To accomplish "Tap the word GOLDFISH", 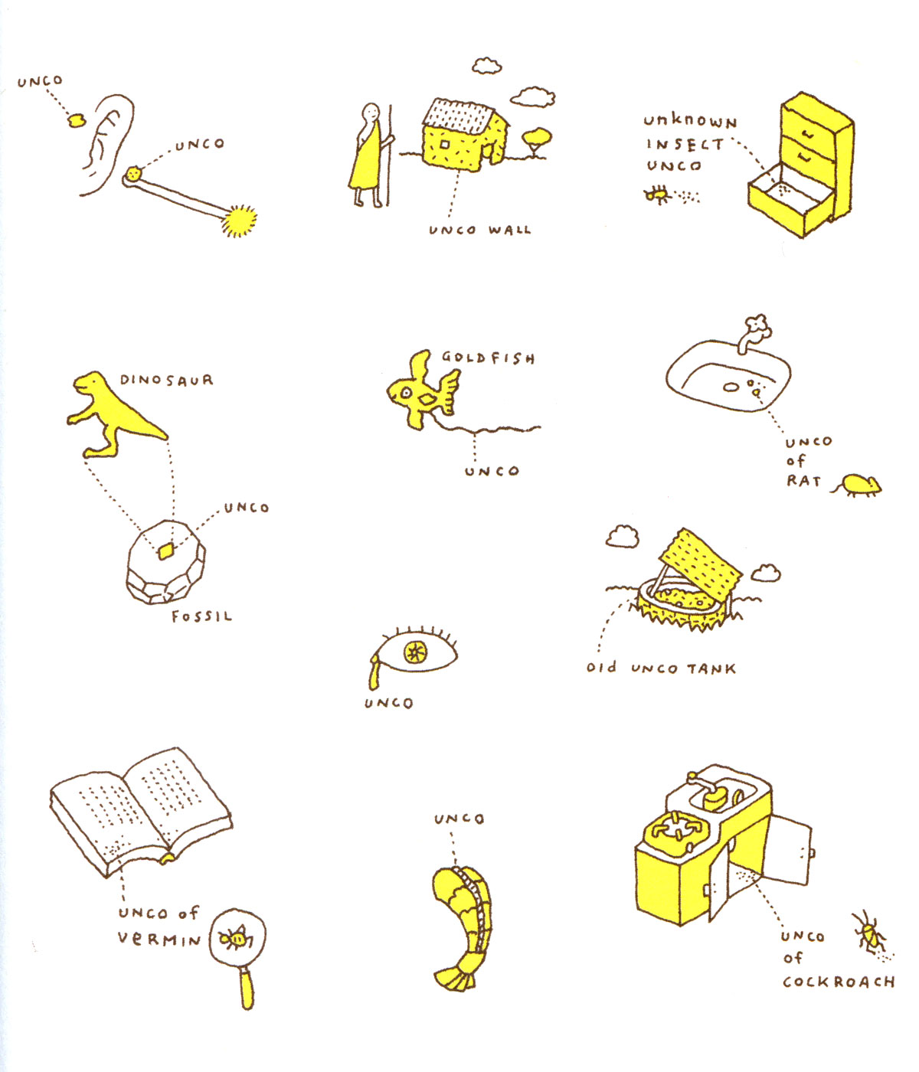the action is tap(488, 358).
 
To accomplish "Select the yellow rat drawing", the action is tap(858, 485).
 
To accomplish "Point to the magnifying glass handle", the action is tap(247, 989).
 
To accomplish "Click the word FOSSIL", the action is tap(201, 616).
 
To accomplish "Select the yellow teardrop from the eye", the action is tap(374, 673).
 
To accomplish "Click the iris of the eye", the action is tap(415, 652).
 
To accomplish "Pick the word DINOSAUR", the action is tap(166, 380).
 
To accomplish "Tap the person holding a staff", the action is tap(369, 155).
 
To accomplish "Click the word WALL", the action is tap(509, 230).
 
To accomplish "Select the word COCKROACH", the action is tap(839, 982).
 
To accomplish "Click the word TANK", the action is tap(711, 669).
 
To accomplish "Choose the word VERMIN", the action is tap(159, 940).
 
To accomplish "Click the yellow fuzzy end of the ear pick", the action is tap(240, 221).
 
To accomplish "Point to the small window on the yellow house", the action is tap(444, 145).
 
